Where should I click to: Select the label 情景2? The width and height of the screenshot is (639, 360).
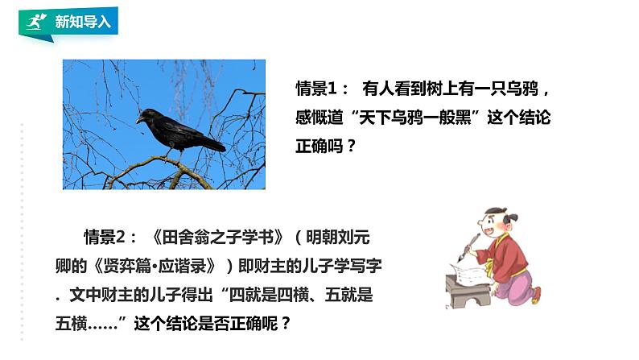tap(110, 238)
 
